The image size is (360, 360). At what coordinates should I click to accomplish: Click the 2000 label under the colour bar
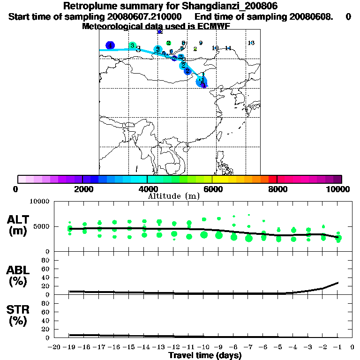(x=82, y=189)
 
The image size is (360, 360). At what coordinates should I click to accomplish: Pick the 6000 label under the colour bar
(x=212, y=189)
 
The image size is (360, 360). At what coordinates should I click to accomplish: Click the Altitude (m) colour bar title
(x=174, y=196)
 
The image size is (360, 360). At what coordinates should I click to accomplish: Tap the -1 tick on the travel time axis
(x=337, y=348)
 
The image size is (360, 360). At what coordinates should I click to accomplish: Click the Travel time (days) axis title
(x=205, y=356)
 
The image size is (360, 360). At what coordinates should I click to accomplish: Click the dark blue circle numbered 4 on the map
(x=110, y=45)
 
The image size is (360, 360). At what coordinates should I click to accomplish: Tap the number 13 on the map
(x=251, y=43)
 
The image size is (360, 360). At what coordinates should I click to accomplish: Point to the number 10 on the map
(x=215, y=48)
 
